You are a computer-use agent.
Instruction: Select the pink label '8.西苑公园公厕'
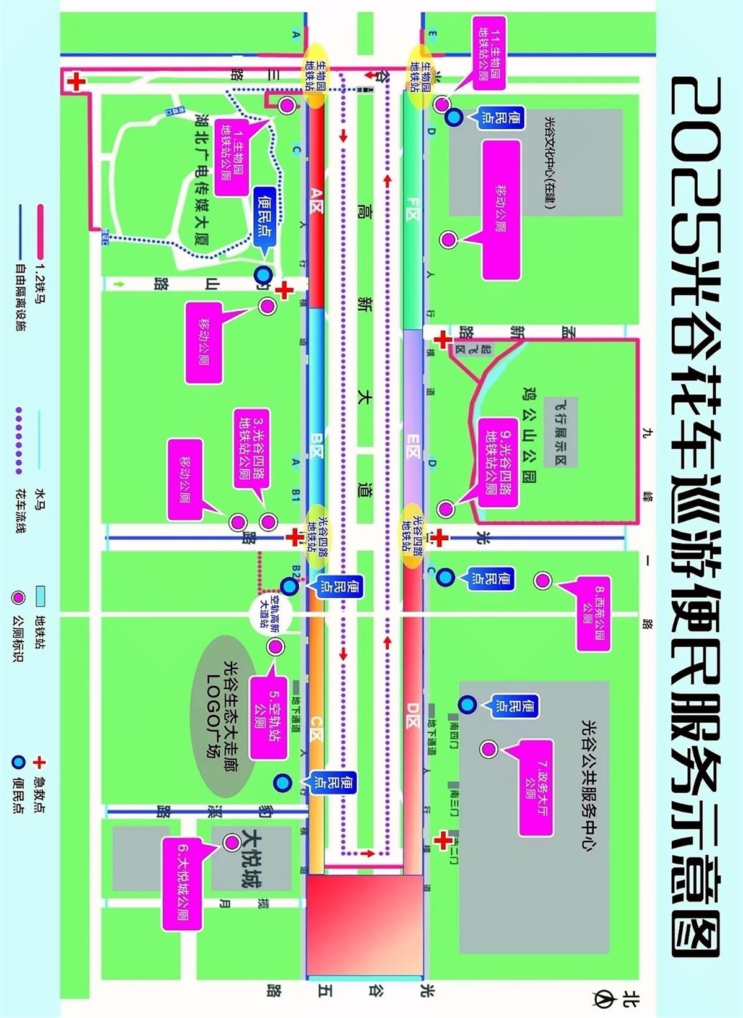593,613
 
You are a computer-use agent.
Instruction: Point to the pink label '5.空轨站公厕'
267,717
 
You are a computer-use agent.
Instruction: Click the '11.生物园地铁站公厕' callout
489,53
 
